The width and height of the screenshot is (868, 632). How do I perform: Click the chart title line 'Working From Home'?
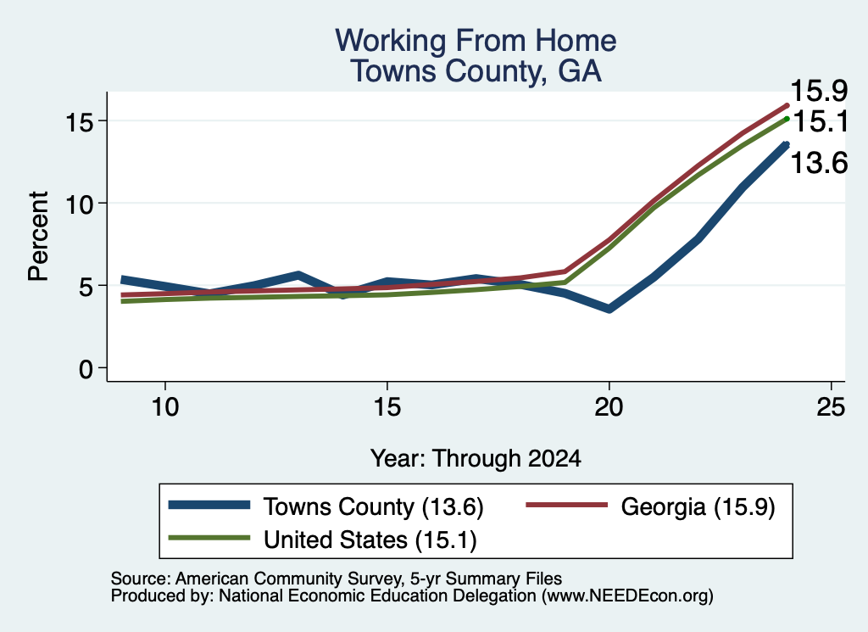(476, 41)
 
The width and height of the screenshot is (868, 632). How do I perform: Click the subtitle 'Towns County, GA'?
(476, 71)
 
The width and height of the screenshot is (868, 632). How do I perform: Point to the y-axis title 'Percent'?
(39, 237)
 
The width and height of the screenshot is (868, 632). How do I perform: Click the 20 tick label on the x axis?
(609, 407)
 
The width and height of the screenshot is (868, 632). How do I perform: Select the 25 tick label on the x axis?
(831, 407)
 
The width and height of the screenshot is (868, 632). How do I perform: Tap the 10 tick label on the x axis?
(165, 407)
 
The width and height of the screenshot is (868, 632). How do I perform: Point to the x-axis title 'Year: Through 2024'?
(476, 459)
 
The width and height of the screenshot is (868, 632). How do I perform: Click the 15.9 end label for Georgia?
(819, 91)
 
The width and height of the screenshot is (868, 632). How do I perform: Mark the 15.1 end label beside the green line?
(820, 121)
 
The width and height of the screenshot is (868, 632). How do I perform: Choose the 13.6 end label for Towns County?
(819, 164)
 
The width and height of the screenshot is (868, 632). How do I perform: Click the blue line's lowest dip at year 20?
(609, 309)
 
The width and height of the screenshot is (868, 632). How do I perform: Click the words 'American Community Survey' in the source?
(288, 579)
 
